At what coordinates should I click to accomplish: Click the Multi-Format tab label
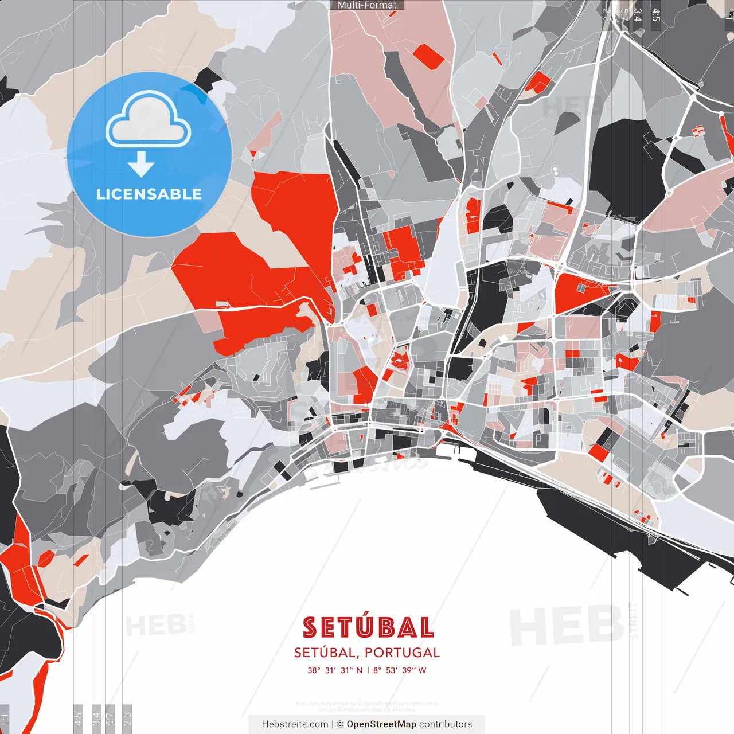coord(367,5)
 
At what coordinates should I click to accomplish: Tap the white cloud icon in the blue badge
coord(149,120)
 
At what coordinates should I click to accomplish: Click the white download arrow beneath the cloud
coord(141,165)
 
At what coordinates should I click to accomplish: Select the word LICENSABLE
coord(149,194)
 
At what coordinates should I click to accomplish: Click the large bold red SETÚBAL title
coord(368,628)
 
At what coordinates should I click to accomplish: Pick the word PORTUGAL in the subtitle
coord(402,653)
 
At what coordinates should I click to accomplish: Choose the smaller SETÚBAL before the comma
coord(325,653)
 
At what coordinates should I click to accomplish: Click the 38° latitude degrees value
coord(314,670)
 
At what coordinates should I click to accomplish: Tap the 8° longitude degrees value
coord(377,670)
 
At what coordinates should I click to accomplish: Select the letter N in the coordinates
coord(359,670)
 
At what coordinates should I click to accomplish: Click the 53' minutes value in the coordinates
coord(392,670)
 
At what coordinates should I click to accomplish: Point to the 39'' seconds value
coord(407,670)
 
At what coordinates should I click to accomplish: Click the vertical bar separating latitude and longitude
coord(368,670)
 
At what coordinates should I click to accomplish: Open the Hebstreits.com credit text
coord(295,724)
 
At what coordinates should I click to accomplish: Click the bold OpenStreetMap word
coord(381,724)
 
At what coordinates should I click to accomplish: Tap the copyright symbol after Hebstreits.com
coord(339,724)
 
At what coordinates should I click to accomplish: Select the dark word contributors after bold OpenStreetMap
coord(446,724)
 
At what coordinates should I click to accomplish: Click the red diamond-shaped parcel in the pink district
coord(428,56)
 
